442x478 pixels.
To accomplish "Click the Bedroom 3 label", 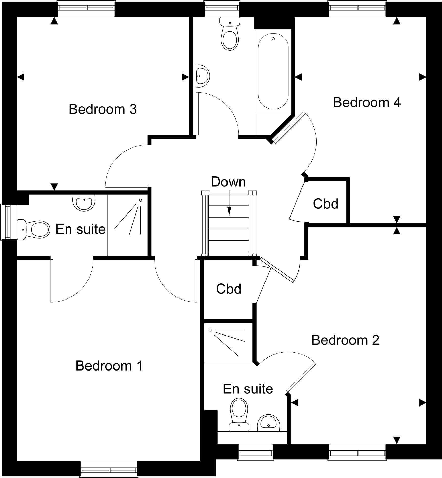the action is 103,109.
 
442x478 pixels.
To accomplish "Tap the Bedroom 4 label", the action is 367,102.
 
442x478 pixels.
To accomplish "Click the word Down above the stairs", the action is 229,182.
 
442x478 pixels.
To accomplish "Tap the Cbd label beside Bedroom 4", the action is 326,204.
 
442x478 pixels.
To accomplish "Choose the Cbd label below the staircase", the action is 229,289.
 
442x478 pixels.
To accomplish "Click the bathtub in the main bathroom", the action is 273,71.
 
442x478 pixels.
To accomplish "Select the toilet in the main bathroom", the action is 230,33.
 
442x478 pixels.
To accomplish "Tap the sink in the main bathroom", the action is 201,76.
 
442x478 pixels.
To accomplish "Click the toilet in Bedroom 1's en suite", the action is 33,229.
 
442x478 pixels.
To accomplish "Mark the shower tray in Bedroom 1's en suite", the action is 128,225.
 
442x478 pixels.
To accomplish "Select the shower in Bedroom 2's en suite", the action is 229,342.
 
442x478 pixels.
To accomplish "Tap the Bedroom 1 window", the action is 109,469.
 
